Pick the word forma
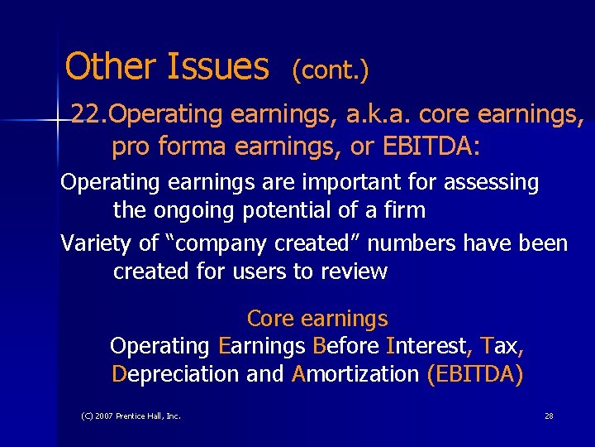tap(192, 147)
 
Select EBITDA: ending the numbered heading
tap(431, 147)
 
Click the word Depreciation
tap(175, 374)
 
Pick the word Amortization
tap(356, 374)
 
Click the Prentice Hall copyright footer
tap(131, 416)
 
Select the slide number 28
tap(549, 416)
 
